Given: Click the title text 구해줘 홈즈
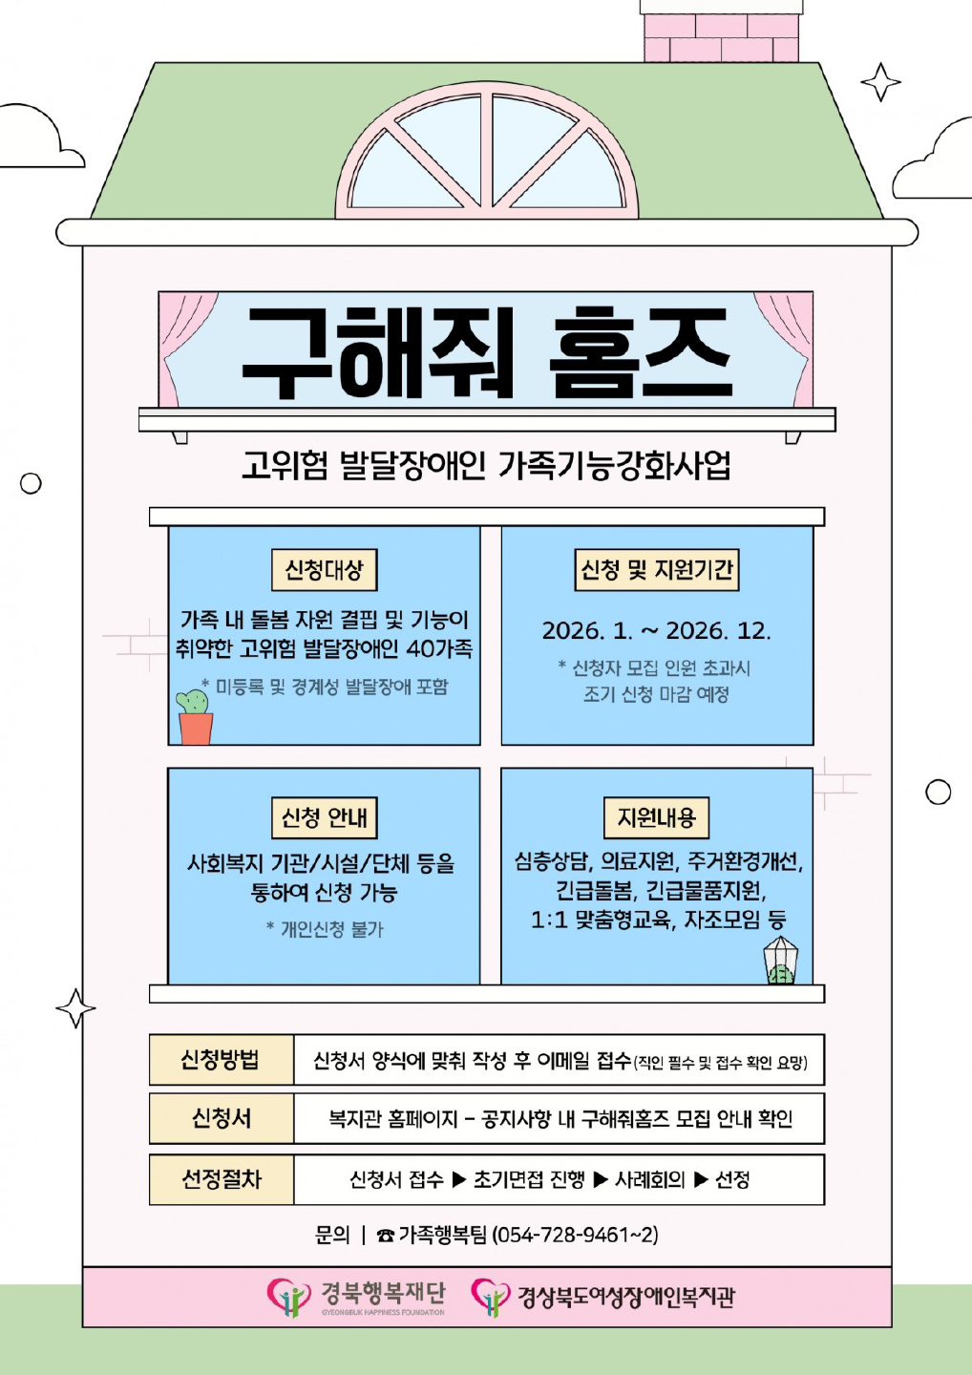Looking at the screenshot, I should [x=487, y=353].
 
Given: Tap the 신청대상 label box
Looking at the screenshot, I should [x=325, y=570].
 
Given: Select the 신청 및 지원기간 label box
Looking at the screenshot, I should [x=657, y=570].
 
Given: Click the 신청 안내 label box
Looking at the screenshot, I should [x=325, y=818].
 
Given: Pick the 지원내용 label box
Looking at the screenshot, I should [x=657, y=818].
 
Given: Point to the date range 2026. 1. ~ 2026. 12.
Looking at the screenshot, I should [x=657, y=631].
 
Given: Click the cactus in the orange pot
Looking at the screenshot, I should [x=195, y=716].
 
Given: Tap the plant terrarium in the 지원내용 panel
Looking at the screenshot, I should [x=780, y=961].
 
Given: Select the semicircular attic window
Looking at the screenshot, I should [x=487, y=153].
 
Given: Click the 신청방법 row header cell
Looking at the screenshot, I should [x=221, y=1060].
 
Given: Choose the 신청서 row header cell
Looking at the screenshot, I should [x=221, y=1118].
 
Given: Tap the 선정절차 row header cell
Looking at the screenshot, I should [x=221, y=1179].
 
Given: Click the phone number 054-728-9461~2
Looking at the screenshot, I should [x=575, y=1235].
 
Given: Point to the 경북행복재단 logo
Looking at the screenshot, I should [x=357, y=1297].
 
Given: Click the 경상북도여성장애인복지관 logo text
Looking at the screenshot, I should [x=625, y=1297].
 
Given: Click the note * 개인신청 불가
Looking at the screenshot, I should [x=325, y=929].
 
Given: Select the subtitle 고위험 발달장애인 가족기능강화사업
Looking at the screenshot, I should [x=487, y=466].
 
